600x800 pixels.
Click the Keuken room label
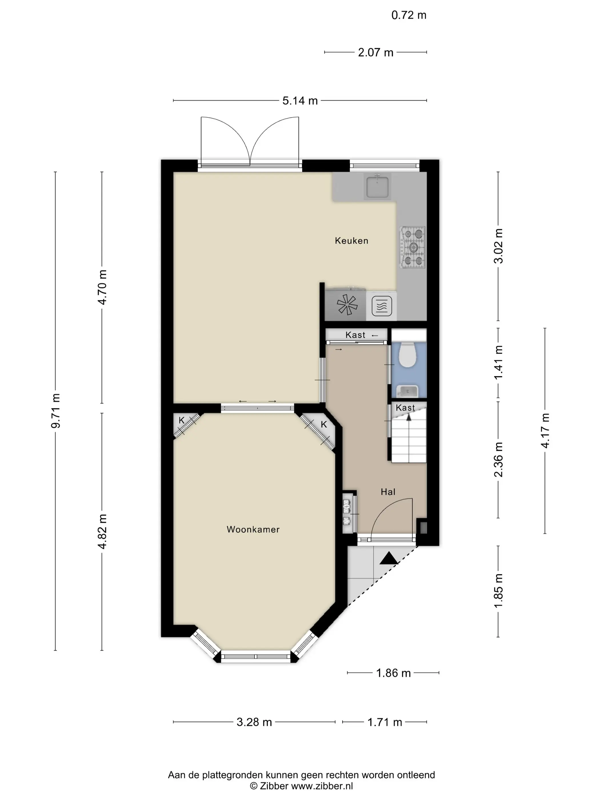coord(351,241)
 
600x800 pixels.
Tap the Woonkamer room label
coord(253,529)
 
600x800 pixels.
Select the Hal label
coord(388,492)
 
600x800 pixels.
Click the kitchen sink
coord(377,186)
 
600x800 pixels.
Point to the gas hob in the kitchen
coord(413,247)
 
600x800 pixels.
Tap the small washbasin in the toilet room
coord(407,391)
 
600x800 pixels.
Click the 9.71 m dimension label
coord(55,411)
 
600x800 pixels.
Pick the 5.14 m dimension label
coord(300,101)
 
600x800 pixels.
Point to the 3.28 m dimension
coord(254,722)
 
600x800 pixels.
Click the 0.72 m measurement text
coord(409,15)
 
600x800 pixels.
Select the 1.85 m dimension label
coord(498,591)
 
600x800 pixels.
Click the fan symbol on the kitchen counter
coord(347,305)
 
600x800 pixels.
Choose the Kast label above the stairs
coord(405,408)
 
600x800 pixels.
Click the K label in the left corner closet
coord(181,420)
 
